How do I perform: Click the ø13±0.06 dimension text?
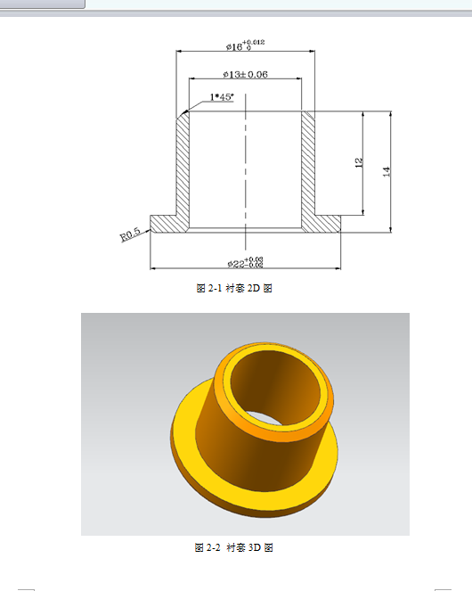(x=244, y=74)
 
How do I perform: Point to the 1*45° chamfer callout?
(x=222, y=97)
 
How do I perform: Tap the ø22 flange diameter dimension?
(x=245, y=262)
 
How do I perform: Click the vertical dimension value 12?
(x=358, y=163)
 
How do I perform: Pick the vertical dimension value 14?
(x=386, y=170)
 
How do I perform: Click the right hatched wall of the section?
(x=308, y=165)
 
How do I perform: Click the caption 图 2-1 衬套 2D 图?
(x=233, y=289)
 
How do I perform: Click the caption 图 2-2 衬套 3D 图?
(x=233, y=546)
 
